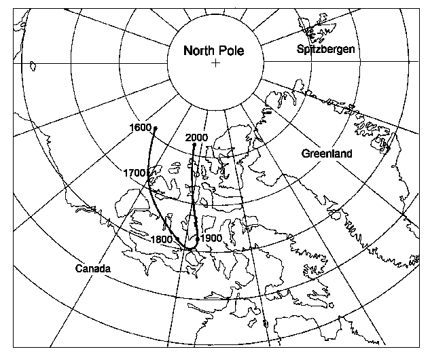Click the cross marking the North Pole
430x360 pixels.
pos(215,63)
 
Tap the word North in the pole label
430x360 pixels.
pos(199,50)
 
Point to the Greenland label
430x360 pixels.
pos(327,154)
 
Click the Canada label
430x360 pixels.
pos(93,269)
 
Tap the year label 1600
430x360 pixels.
pos(139,127)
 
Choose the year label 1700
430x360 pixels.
pos(136,173)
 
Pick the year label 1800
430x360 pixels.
pos(161,239)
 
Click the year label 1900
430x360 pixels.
pos(212,238)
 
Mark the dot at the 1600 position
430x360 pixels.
pos(156,128)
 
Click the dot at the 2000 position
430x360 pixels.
pos(194,145)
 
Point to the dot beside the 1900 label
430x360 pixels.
pos(197,238)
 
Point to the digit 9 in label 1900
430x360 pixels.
pos(209,238)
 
